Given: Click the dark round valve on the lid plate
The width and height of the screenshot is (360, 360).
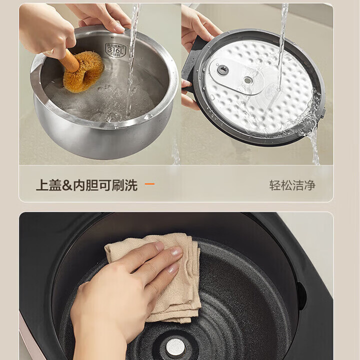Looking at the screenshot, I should [223, 70].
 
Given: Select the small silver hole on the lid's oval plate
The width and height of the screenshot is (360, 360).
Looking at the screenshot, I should [247, 80].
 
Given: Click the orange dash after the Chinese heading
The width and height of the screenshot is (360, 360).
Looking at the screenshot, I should [149, 184].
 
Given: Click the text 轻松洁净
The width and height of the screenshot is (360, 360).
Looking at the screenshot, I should [292, 185].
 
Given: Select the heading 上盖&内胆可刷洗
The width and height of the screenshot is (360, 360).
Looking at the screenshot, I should [86, 185].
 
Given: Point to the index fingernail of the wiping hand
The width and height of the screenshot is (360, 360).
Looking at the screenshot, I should [176, 251].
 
